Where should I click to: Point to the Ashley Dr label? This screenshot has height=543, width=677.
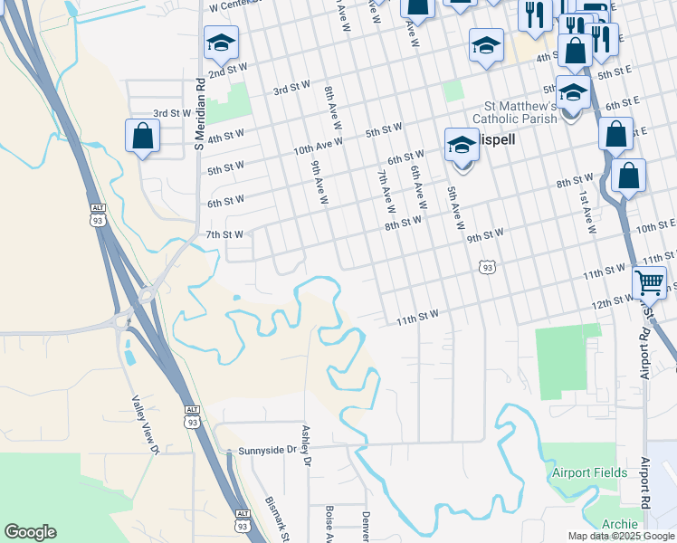tap(307, 447)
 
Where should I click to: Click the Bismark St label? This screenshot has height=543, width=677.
tap(275, 516)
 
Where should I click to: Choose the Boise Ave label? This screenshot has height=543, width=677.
tap(329, 523)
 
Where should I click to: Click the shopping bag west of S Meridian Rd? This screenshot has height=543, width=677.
tap(142, 137)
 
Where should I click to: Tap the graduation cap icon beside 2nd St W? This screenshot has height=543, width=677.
tap(220, 42)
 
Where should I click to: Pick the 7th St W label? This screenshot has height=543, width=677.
tap(224, 234)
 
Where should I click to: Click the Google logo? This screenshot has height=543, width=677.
tap(30, 532)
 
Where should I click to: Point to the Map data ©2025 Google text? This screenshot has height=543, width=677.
tap(622, 536)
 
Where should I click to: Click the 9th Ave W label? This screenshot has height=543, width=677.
tap(318, 182)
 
